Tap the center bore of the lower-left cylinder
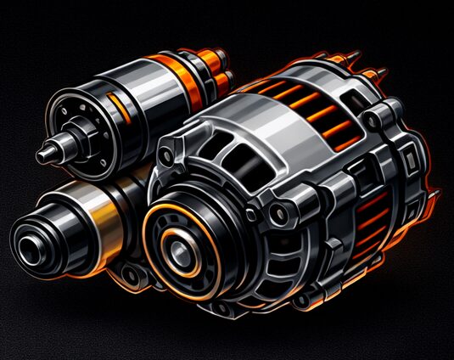point(28,246)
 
